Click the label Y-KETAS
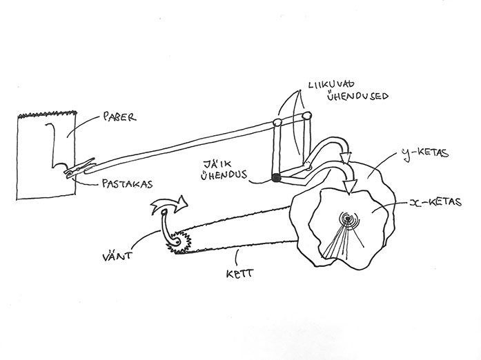[x=428, y=153]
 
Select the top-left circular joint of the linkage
[x=277, y=123]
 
